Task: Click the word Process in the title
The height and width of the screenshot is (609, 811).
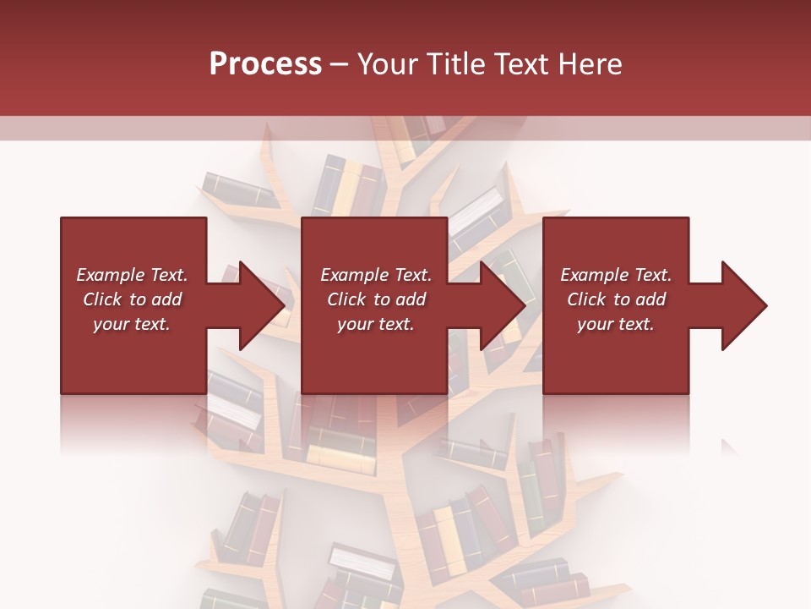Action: [x=265, y=64]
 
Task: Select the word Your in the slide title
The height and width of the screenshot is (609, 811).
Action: [x=385, y=64]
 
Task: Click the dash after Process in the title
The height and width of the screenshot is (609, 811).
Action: [x=340, y=65]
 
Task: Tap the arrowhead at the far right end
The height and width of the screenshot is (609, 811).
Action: [x=743, y=305]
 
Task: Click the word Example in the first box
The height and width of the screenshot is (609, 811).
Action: [x=107, y=275]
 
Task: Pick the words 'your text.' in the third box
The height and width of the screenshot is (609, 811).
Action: [x=615, y=324]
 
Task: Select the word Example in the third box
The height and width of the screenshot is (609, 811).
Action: [x=591, y=275]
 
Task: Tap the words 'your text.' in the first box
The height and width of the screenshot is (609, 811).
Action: [x=132, y=324]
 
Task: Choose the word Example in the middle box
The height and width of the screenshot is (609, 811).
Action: [x=351, y=275]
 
